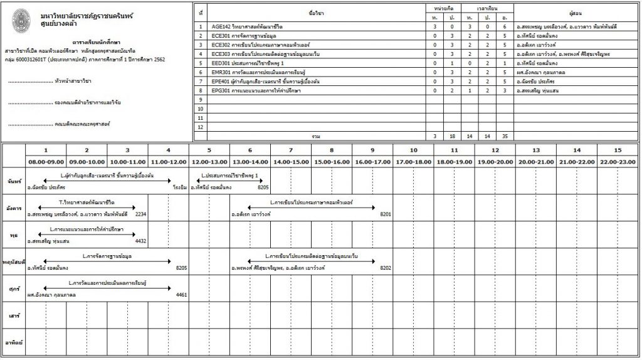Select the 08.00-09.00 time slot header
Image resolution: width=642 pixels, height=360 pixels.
tap(45, 162)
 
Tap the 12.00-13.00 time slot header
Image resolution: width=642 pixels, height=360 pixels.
tap(209, 162)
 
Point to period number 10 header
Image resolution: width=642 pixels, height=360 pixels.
tap(413, 151)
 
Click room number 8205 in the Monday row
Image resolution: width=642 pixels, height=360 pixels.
tap(263, 188)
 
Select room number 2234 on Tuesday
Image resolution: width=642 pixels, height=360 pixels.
tap(140, 214)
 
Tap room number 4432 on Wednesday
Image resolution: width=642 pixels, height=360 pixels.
tap(140, 241)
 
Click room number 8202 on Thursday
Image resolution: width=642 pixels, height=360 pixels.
tap(386, 268)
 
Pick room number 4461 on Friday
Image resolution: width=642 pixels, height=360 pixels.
tap(182, 295)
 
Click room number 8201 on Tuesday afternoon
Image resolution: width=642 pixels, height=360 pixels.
tap(386, 214)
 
